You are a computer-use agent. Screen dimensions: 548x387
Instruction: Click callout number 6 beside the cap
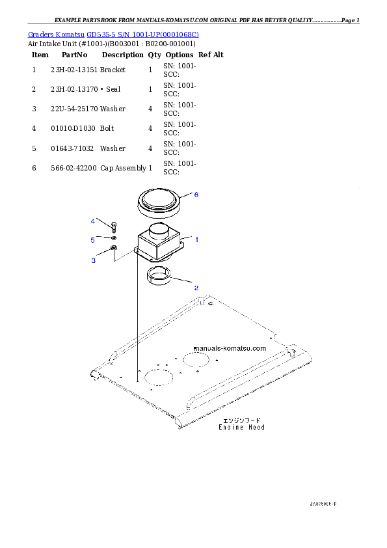(x=196, y=195)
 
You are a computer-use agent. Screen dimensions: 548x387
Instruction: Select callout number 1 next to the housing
(x=196, y=240)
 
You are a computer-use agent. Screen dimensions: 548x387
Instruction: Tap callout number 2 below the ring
(x=196, y=287)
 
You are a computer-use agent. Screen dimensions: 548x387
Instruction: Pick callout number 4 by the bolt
(x=93, y=221)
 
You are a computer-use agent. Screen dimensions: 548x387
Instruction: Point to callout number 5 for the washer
(x=93, y=240)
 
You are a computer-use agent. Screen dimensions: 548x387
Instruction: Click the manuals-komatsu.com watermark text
(x=230, y=348)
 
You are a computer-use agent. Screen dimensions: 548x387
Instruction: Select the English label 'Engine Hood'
(x=241, y=428)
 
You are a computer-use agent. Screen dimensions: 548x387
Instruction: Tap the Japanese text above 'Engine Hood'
(x=242, y=420)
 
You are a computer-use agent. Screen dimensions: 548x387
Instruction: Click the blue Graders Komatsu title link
(x=113, y=34)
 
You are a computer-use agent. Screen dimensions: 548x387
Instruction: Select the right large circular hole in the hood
(x=196, y=359)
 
